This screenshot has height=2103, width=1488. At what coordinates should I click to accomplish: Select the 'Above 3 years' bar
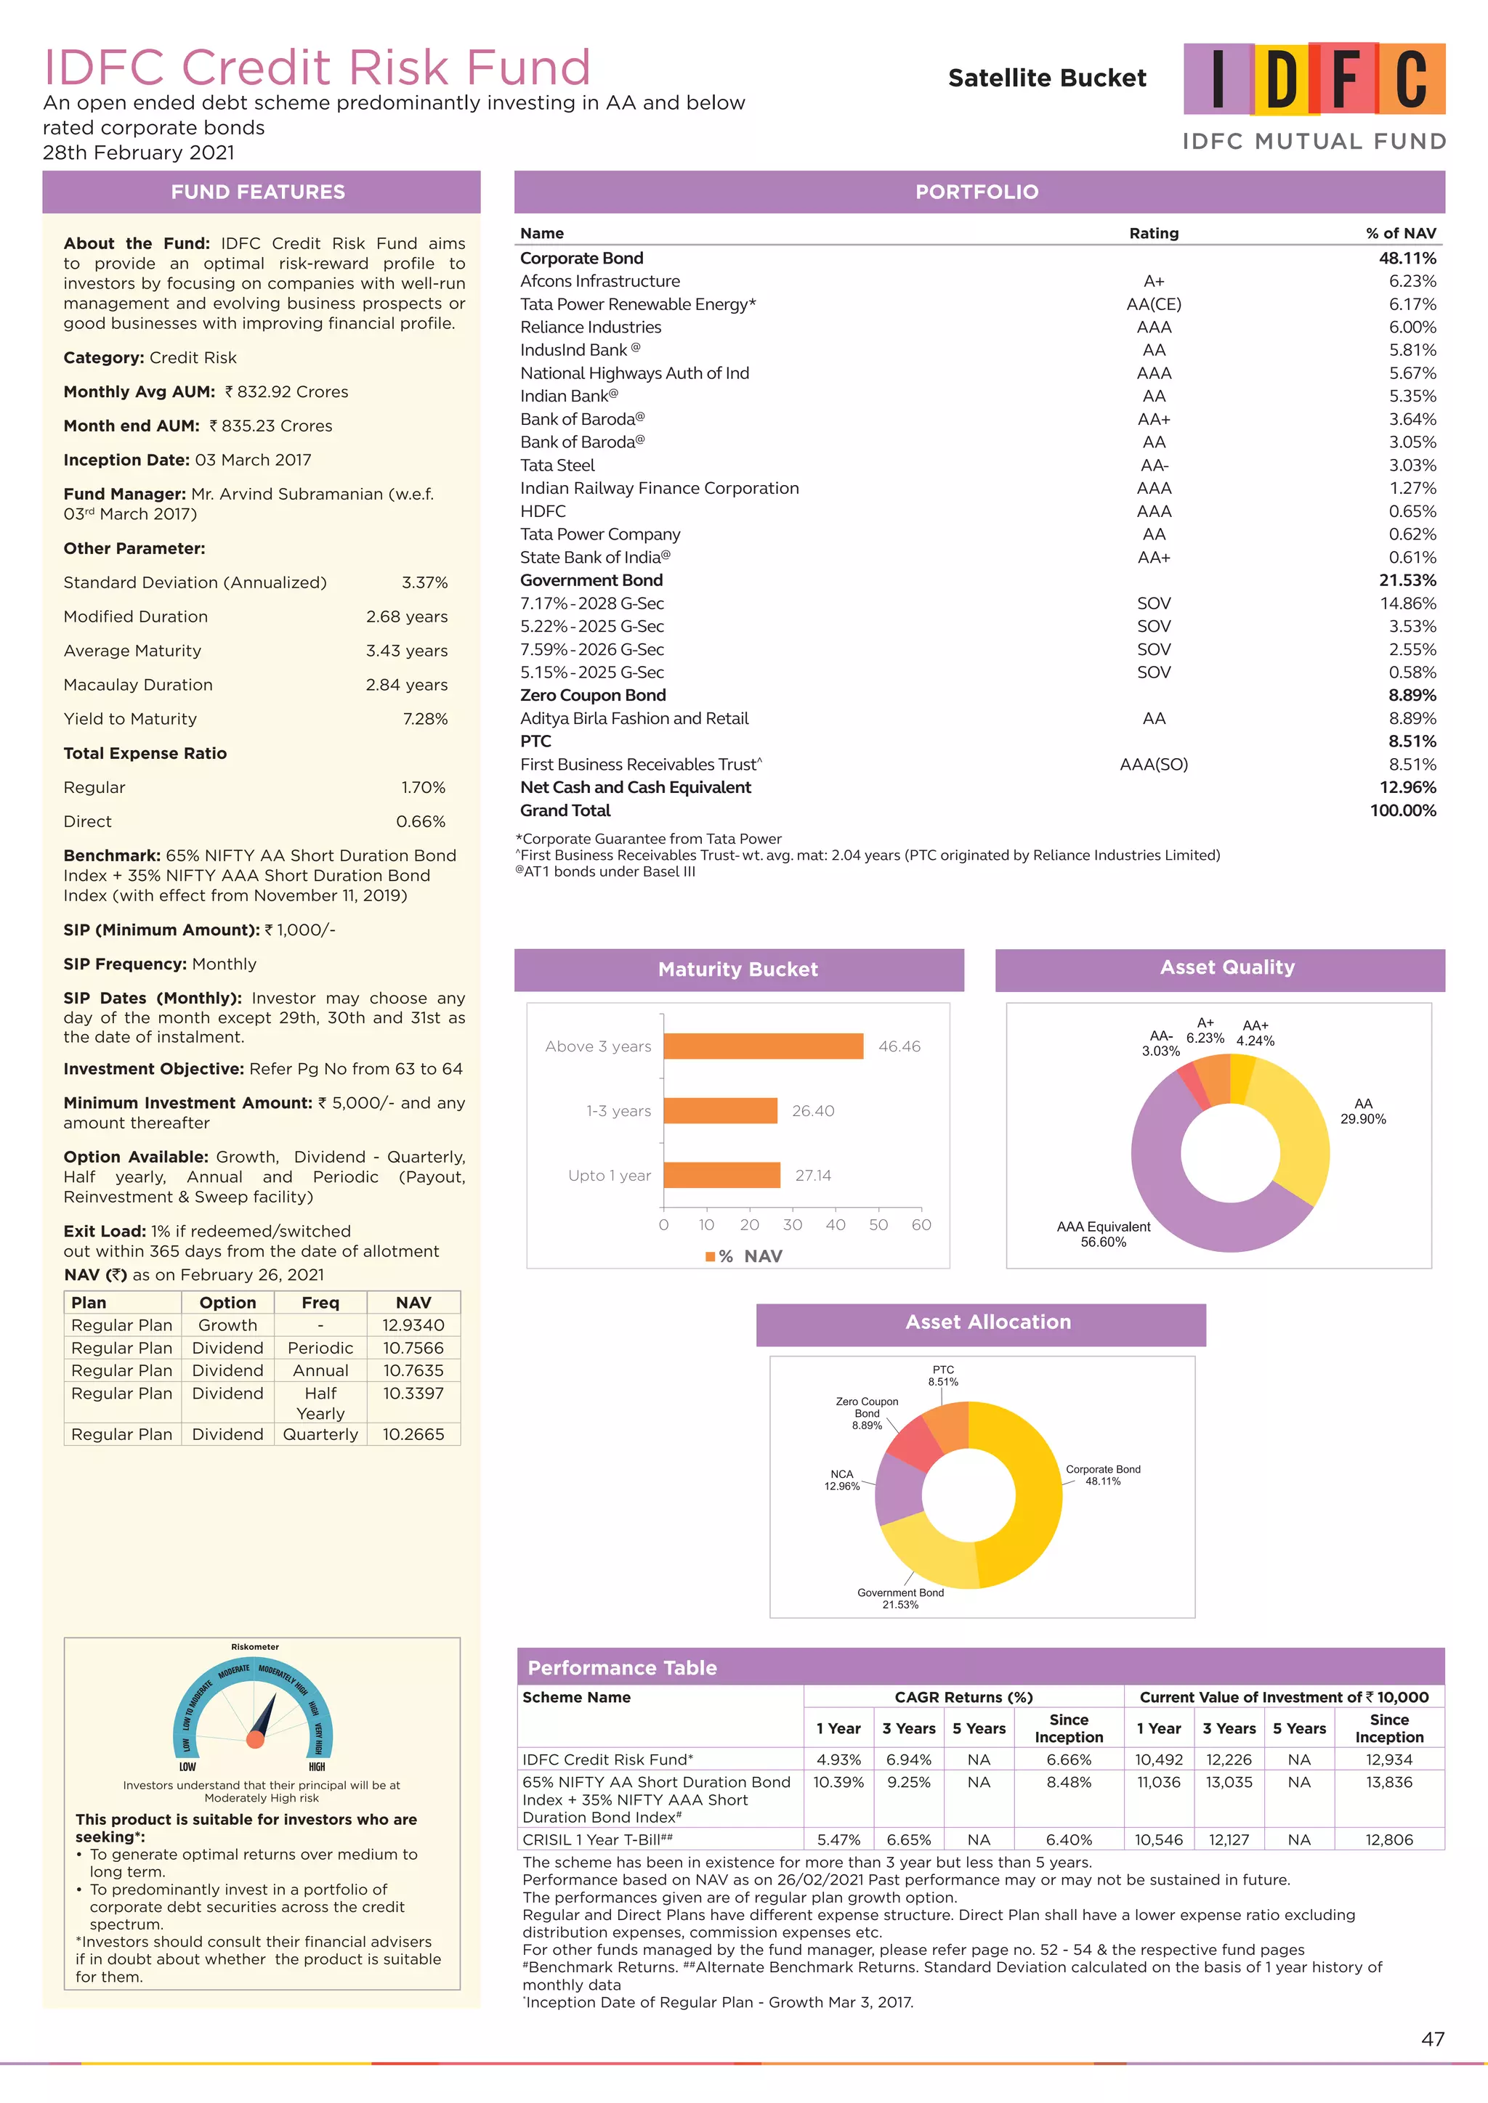(x=762, y=1046)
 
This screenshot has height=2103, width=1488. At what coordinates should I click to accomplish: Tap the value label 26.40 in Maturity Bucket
(x=813, y=1111)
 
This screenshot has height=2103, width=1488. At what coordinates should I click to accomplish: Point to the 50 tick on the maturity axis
(x=878, y=1224)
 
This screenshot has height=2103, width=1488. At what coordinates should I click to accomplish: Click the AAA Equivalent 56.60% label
(x=1103, y=1234)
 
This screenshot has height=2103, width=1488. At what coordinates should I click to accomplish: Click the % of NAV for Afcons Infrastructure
(x=1412, y=281)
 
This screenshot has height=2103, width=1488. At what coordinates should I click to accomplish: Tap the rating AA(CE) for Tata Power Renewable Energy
(x=1154, y=304)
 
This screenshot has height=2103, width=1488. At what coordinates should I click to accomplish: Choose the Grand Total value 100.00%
(x=1403, y=810)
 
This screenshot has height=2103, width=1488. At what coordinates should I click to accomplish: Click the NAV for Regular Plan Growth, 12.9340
(x=413, y=1325)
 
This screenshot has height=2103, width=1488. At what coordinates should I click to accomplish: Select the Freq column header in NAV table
(x=320, y=1303)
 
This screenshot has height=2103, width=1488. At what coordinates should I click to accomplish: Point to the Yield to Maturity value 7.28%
(x=425, y=719)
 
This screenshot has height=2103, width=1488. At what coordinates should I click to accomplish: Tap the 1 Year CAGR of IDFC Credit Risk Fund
(x=838, y=1760)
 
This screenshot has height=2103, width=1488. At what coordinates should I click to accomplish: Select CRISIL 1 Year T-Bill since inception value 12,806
(x=1388, y=1839)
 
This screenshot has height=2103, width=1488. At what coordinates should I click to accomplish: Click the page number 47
(x=1432, y=2039)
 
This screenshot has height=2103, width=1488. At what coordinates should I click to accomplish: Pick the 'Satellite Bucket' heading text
(x=1046, y=78)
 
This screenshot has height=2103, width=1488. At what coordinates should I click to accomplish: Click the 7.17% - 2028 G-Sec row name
(x=592, y=603)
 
